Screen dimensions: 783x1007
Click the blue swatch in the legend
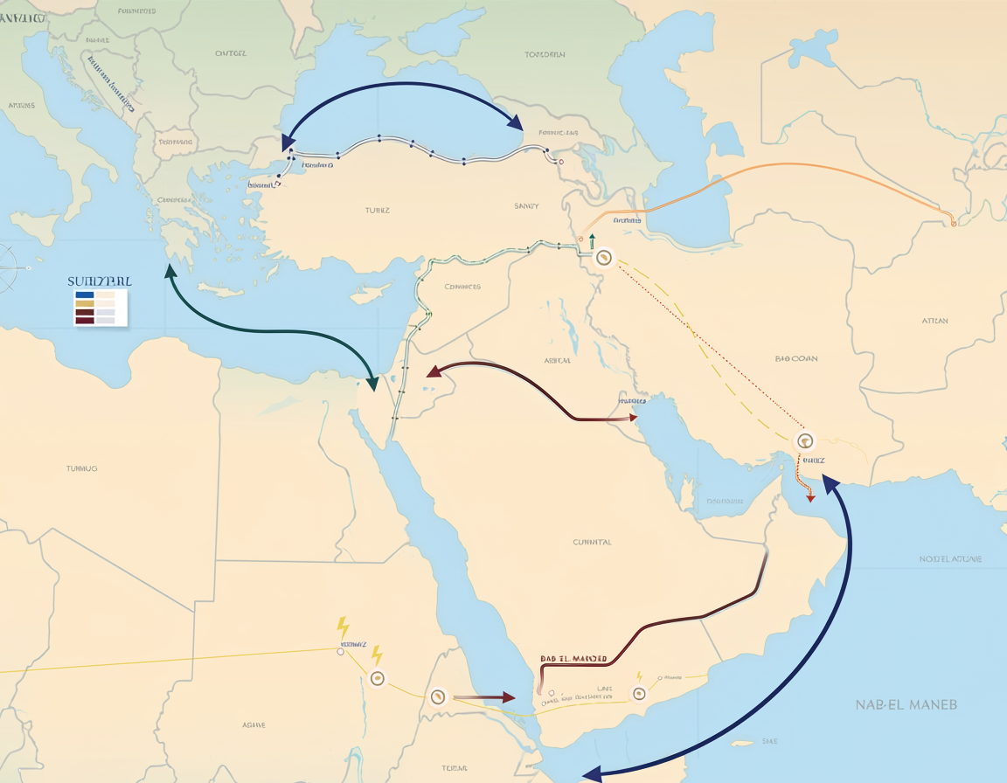[x=85, y=295]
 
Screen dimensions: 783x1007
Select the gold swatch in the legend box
[x=85, y=304]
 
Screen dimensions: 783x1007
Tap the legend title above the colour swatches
[x=99, y=281]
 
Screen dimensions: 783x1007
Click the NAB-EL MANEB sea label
[x=906, y=703]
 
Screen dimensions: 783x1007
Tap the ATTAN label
[x=934, y=321]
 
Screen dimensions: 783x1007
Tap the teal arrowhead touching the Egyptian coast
[x=374, y=383]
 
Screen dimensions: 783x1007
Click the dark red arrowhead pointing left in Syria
[x=431, y=373]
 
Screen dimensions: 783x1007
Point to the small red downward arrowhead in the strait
[x=810, y=496]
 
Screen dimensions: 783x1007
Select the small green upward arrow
[x=592, y=239]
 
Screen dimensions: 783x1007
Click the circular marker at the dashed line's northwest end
[x=602, y=258]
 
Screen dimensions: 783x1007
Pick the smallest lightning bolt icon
[x=639, y=676]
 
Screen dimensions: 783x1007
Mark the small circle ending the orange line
[x=953, y=224]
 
